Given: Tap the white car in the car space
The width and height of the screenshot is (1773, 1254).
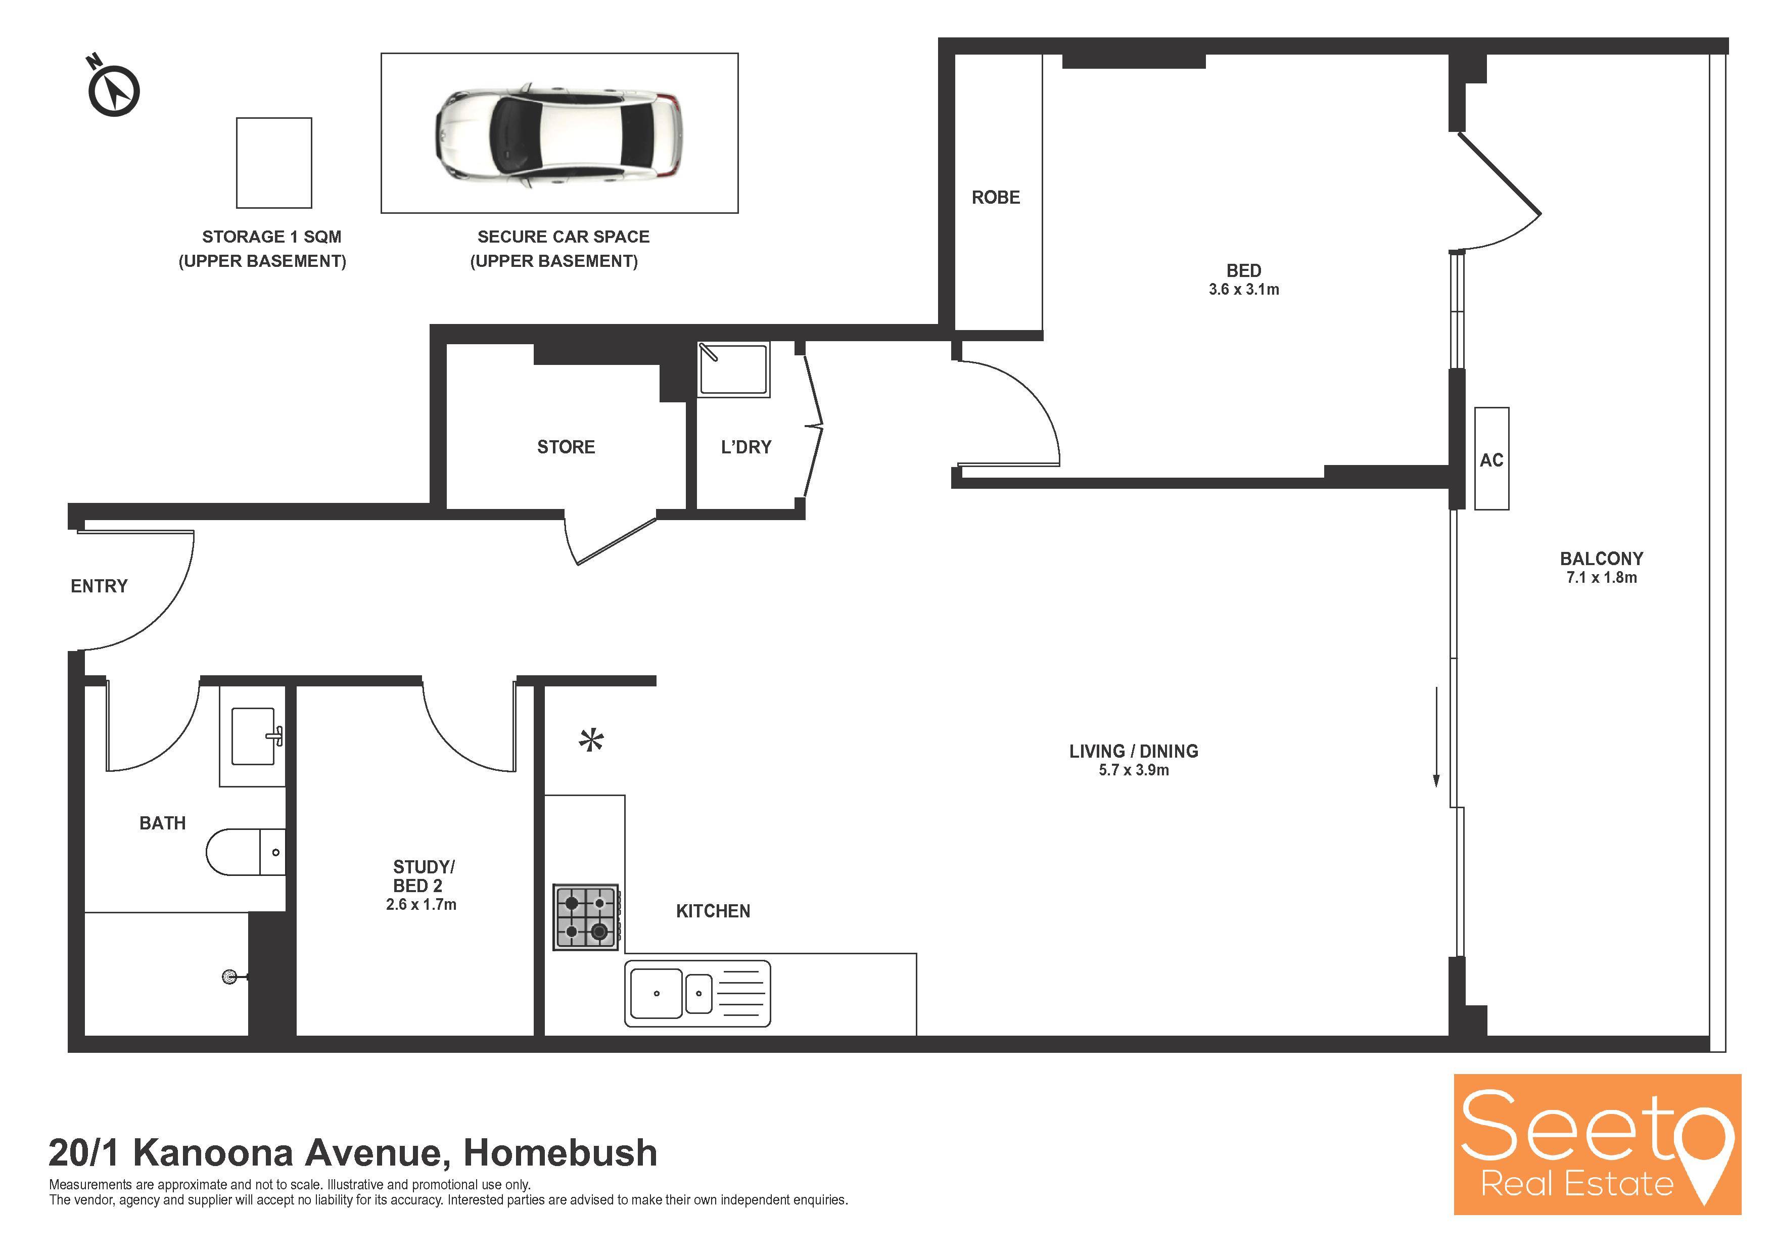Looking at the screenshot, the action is [x=559, y=134].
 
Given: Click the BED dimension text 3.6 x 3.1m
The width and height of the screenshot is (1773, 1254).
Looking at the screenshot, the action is [x=1243, y=290].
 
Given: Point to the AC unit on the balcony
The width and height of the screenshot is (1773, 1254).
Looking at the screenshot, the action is [x=1491, y=458].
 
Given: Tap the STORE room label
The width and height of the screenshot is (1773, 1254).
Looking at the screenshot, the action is [x=566, y=447].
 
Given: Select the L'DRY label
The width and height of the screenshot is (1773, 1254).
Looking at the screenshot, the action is [x=746, y=447].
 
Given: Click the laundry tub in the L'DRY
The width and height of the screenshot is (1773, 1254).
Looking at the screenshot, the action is [x=733, y=370].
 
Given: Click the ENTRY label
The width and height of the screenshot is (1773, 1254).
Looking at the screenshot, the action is [x=99, y=586].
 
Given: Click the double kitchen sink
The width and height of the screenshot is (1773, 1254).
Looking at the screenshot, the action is [x=697, y=993].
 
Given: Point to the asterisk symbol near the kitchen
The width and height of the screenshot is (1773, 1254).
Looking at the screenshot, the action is [x=591, y=740].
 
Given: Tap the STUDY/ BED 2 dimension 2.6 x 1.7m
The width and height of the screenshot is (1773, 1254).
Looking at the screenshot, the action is [x=421, y=904].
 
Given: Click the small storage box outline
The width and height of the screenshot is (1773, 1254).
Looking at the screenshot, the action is [x=274, y=163].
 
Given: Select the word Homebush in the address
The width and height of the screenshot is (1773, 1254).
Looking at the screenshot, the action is [x=560, y=1153].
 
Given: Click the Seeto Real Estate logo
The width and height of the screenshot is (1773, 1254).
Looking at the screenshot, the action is [x=1597, y=1144].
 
